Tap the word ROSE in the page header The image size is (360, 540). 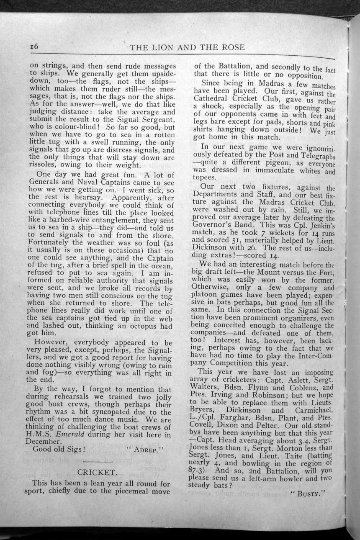click(x=231, y=48)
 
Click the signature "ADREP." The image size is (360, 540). click(x=147, y=450)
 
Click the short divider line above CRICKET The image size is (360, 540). click(x=101, y=461)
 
